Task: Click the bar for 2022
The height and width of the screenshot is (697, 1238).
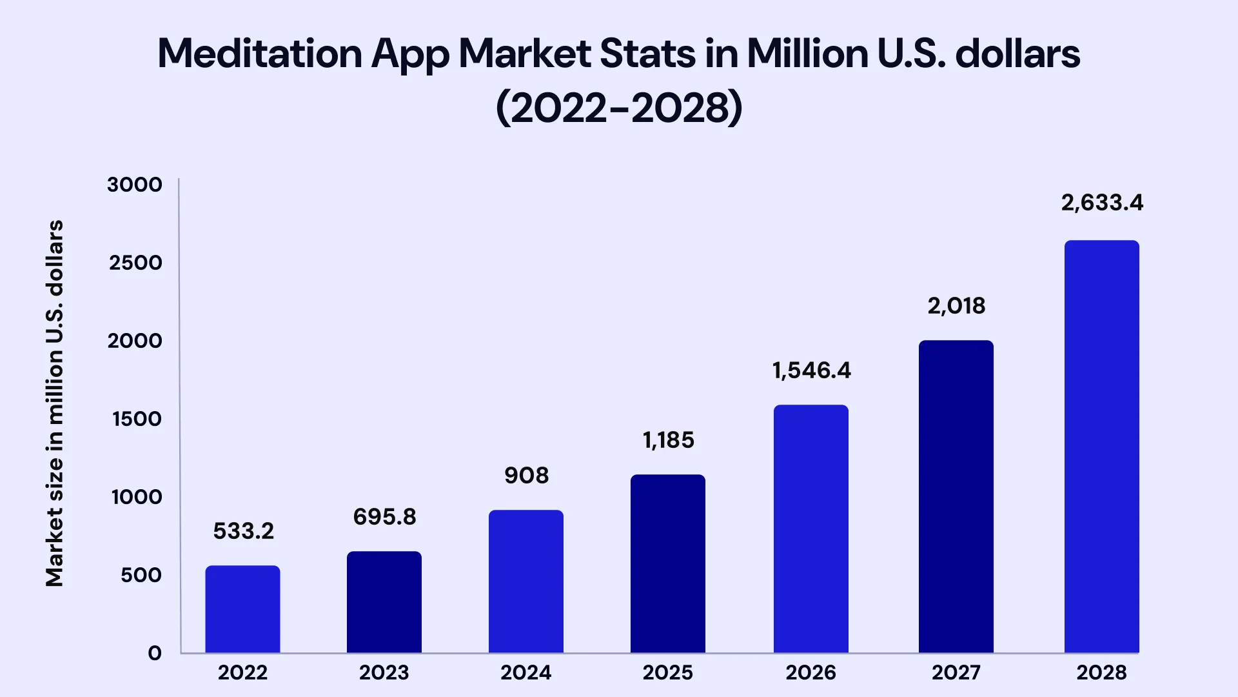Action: tap(242, 609)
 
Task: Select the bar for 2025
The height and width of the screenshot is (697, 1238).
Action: tap(668, 563)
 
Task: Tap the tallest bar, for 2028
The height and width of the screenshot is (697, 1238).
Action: tap(1102, 447)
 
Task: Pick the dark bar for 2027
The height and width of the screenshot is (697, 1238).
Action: tap(956, 496)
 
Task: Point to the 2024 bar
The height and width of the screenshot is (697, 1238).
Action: tap(526, 581)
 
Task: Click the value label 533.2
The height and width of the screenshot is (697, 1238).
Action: tap(244, 531)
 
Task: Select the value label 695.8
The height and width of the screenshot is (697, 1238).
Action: tap(385, 517)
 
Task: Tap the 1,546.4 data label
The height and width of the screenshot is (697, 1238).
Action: tap(812, 371)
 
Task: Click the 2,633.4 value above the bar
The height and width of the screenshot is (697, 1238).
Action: tap(1103, 203)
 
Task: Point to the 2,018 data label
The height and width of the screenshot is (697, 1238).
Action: tap(957, 306)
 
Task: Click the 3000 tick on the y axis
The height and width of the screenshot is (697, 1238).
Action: tap(135, 185)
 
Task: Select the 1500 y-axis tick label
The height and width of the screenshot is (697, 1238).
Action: tap(137, 419)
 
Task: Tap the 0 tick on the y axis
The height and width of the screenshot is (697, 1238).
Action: tap(155, 653)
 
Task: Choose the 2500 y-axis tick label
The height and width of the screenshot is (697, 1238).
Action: tap(135, 263)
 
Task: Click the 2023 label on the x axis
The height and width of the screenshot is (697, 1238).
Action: tap(384, 672)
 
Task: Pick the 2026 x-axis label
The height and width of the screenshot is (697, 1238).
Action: tap(811, 672)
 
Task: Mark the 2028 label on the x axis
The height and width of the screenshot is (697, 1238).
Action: tap(1102, 672)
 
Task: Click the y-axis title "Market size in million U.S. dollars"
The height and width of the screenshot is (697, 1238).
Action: tap(55, 403)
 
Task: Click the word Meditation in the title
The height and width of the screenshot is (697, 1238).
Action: tap(260, 53)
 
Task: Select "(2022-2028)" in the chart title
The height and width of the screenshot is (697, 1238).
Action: tap(620, 107)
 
